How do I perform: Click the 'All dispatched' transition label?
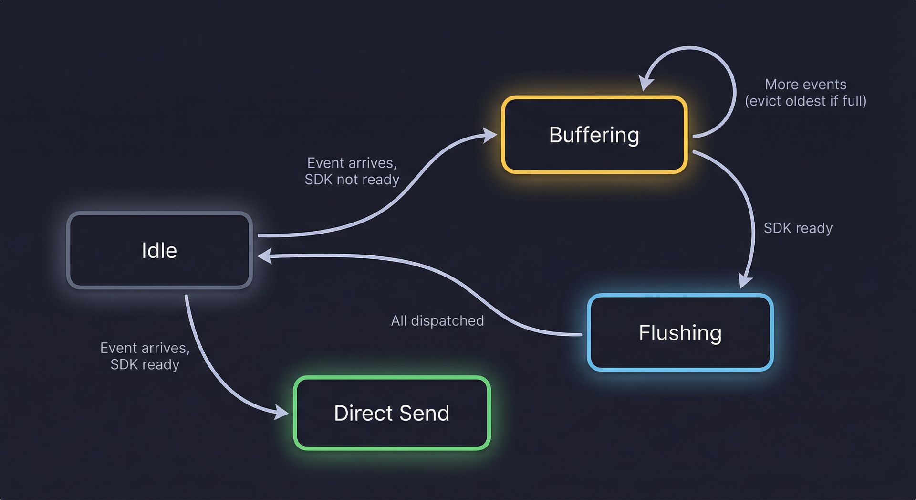(x=437, y=320)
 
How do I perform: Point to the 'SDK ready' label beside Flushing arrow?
(x=798, y=228)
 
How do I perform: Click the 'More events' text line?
(x=805, y=84)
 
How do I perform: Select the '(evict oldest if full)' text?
(x=805, y=101)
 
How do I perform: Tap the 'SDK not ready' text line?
(x=352, y=180)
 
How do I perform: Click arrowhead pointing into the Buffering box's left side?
(x=490, y=135)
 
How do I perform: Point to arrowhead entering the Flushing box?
(x=745, y=281)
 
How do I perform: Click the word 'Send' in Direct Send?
(x=424, y=413)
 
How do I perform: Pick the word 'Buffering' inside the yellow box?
(x=594, y=135)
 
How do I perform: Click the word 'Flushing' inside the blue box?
(x=680, y=333)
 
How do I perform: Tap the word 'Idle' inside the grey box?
(x=159, y=250)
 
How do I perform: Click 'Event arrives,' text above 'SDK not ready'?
(x=352, y=163)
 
